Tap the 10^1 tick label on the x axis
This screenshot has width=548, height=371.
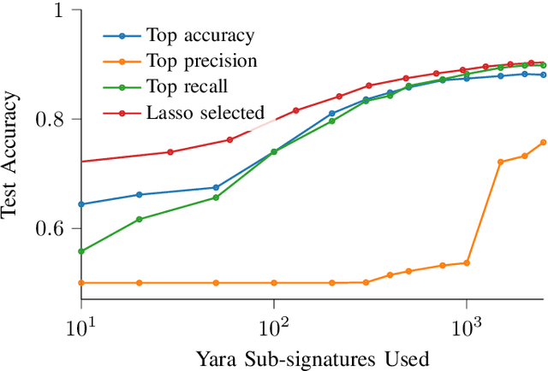pos(80,329)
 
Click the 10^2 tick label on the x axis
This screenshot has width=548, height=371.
pos(273,329)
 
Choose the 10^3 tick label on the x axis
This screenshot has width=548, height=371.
pos(466,329)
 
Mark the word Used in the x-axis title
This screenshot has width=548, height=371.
pos(407,357)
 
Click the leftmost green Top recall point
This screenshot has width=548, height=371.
pos(81,251)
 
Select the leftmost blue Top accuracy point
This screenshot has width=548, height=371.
pos(81,204)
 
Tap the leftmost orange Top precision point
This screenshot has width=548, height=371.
pos(81,282)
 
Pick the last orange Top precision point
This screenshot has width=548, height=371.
pos(543,142)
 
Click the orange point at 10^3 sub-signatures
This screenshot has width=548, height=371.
pos(467,262)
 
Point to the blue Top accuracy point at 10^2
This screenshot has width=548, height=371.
pos(274,151)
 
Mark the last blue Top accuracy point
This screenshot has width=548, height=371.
pos(543,75)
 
